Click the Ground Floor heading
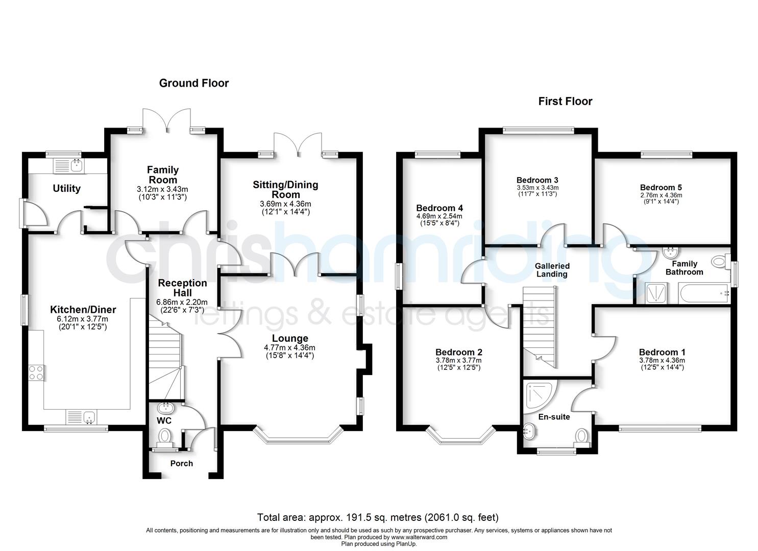coord(193,83)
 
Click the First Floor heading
coord(565,102)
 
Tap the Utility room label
coord(67,189)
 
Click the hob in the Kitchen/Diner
coord(36,373)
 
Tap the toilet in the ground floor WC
coord(165,437)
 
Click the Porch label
coord(181,463)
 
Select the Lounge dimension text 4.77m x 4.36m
coord(289,347)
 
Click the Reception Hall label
coord(182,288)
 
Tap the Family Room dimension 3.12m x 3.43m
coord(163,189)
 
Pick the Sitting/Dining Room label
coord(285,189)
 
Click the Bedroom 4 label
coord(439,208)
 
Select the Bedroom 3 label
coord(537,180)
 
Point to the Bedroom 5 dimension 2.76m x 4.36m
coord(661,195)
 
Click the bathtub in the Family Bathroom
coord(704,293)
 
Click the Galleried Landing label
coord(552,270)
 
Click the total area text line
coord(378,517)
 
